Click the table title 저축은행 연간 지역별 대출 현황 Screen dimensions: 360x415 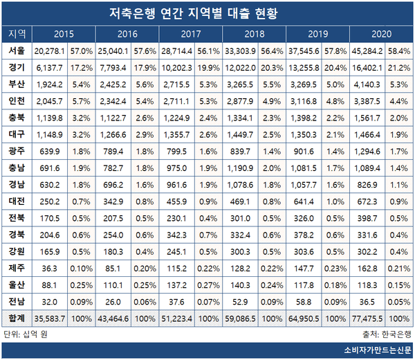click(x=207, y=13)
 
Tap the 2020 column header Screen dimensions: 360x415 click(x=380, y=34)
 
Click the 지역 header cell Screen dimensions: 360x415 click(x=17, y=34)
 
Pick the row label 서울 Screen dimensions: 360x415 click(x=17, y=51)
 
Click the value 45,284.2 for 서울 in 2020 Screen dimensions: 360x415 click(x=362, y=51)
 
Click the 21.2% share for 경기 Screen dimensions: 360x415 click(x=398, y=66)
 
